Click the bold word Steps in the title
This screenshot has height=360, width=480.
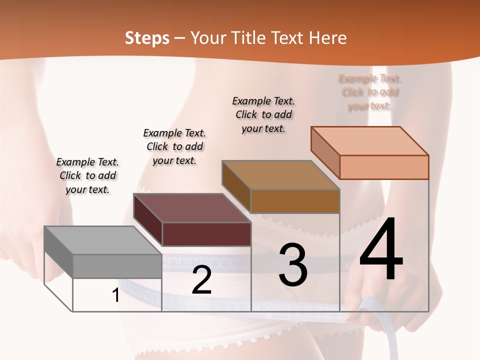147,38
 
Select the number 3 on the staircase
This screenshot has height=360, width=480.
293,265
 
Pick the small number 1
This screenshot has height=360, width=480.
116,295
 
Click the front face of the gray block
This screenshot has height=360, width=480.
117,266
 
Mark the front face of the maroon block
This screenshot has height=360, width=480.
206,234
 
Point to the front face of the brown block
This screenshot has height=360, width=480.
295,201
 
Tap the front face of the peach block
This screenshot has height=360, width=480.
384,167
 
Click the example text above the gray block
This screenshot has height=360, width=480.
88,175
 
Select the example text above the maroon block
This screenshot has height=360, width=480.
174,146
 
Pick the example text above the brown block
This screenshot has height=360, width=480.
263,114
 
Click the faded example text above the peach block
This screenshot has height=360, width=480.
370,92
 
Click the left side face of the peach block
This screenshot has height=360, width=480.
325,152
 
